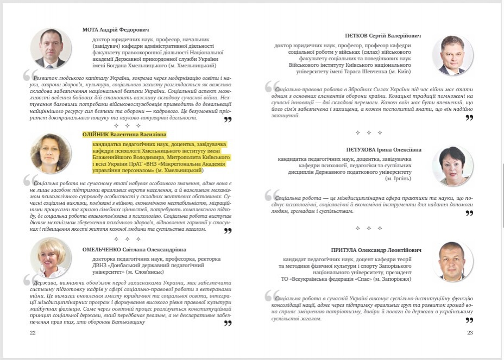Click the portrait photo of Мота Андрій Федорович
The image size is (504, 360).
pos(51,48)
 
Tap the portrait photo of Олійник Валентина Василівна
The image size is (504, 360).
pos(51,153)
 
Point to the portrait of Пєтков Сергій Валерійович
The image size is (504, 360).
pos(452,55)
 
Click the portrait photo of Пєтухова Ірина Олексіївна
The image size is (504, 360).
pos(452,166)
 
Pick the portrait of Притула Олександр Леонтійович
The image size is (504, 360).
pos(452,261)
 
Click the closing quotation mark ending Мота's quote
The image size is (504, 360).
pos(228,119)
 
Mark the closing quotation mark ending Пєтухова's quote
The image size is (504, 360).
pos(469,213)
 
